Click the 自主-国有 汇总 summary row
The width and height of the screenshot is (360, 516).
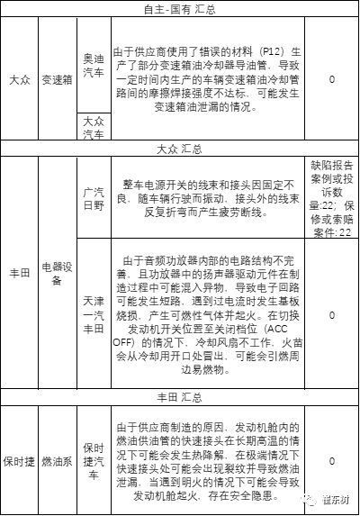pyautogui.click(x=180, y=8)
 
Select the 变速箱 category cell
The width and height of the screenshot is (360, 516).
pyautogui.click(x=57, y=79)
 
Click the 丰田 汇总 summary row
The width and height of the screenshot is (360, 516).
pyautogui.click(x=180, y=397)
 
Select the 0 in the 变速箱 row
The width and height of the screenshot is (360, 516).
pyautogui.click(x=333, y=79)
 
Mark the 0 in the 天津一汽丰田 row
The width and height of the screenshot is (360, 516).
pyautogui.click(x=333, y=315)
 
